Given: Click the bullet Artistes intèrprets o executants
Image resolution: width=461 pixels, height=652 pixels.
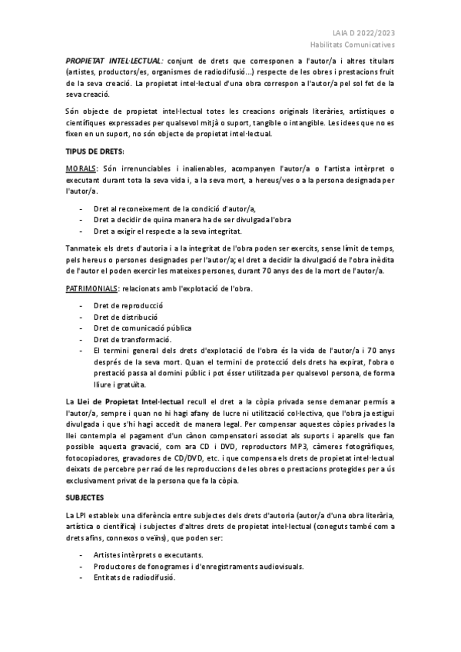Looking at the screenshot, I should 148,554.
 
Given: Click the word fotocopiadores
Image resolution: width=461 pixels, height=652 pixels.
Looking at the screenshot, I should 90,459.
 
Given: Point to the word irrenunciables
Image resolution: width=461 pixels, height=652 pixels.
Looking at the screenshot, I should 159,168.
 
